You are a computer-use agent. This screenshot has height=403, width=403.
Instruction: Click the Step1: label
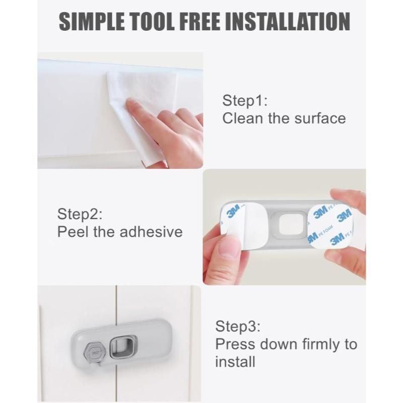click(x=245, y=101)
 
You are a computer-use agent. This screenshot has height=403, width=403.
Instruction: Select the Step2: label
click(x=80, y=214)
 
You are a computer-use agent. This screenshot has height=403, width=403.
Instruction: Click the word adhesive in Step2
click(x=151, y=232)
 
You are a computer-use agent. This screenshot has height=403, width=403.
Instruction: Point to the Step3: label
click(x=238, y=326)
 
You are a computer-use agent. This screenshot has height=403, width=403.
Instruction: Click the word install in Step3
click(x=235, y=362)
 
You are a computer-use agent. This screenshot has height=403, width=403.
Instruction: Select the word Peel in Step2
click(x=73, y=232)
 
